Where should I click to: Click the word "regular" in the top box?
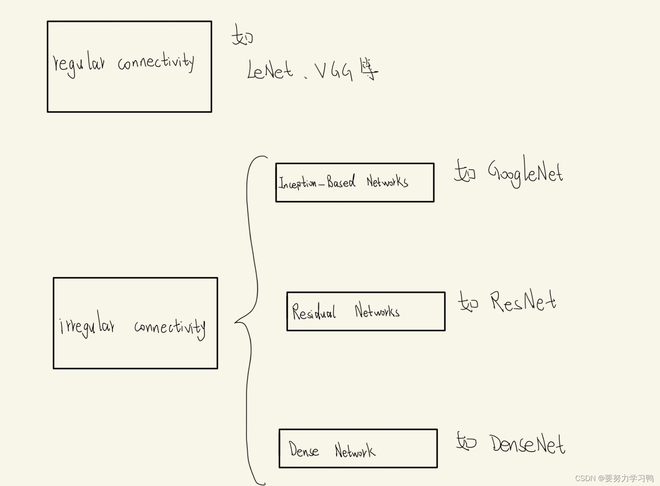tap(79, 65)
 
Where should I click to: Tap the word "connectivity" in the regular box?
tap(156, 62)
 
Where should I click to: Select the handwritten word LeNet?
tap(270, 71)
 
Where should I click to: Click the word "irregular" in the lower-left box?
tap(87, 325)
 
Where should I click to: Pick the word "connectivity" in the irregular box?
tap(170, 328)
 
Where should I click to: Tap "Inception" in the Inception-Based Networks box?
tap(298, 183)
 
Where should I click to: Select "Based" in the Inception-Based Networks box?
tap(341, 181)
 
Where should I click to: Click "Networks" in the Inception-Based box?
tap(387, 181)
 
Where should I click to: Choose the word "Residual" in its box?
tap(314, 312)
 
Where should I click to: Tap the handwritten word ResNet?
tap(523, 302)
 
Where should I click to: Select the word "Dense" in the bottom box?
tap(304, 449)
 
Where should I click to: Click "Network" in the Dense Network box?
tap(355, 450)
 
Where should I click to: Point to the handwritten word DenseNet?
tap(527, 444)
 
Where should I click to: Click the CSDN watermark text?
tap(614, 478)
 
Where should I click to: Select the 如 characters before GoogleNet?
tap(465, 171)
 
